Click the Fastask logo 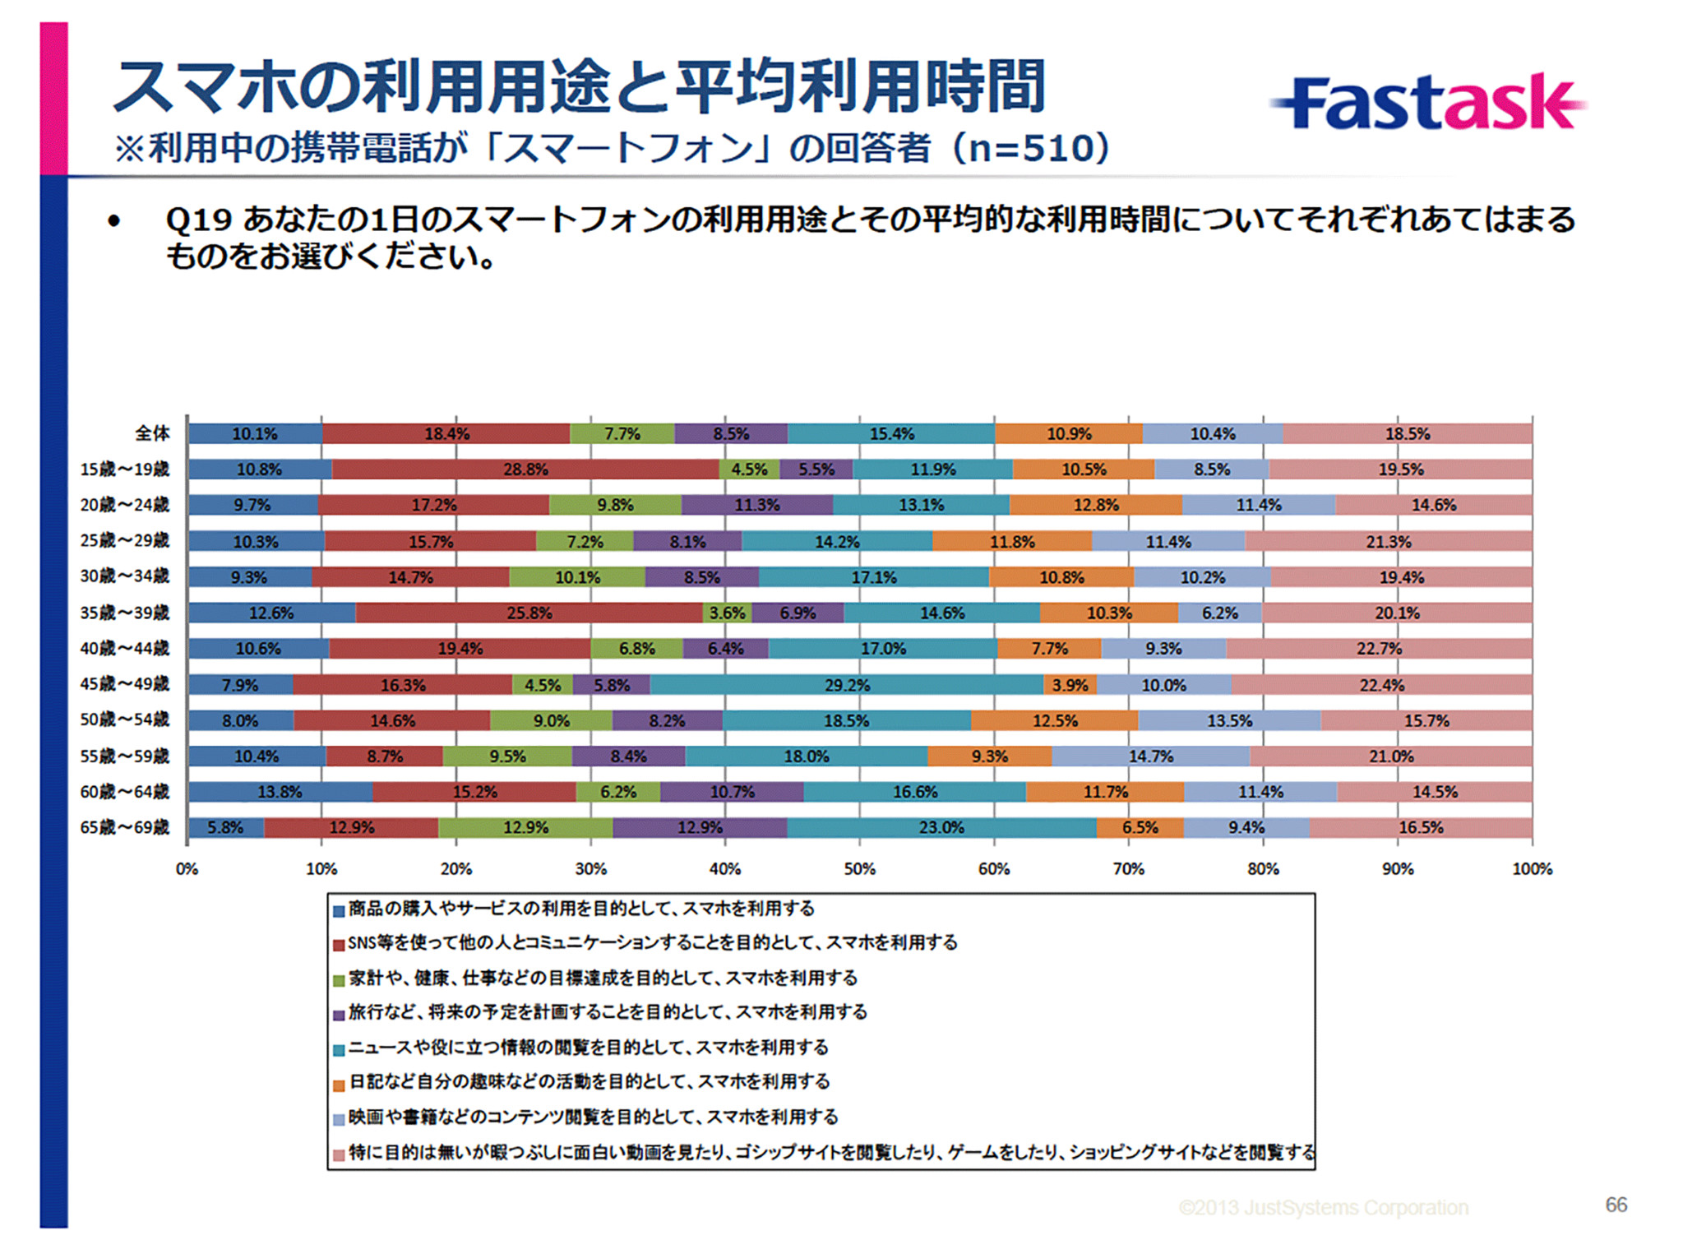[x=1429, y=103]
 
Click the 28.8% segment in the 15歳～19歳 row [x=525, y=470]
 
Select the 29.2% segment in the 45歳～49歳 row [x=847, y=684]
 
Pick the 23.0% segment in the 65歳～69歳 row [x=941, y=827]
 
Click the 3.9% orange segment [x=1070, y=684]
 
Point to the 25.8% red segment [x=529, y=613]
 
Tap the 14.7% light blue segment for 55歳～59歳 [x=1150, y=756]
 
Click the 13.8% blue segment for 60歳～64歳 [x=280, y=792]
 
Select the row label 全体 [x=152, y=433]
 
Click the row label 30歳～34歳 [x=124, y=576]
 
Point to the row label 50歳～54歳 [x=124, y=719]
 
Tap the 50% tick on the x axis [x=859, y=868]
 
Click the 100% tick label [x=1532, y=868]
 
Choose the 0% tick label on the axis [x=187, y=868]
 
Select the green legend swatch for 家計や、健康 [x=338, y=980]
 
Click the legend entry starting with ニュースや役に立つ [x=588, y=1047]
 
